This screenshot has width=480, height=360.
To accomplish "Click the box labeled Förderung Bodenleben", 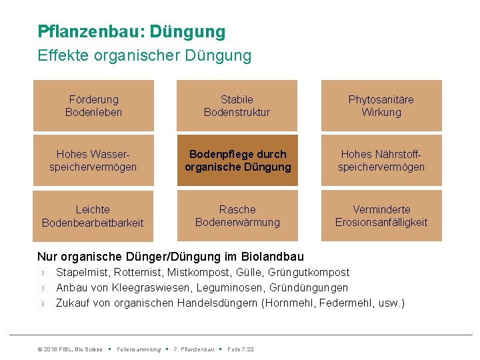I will coord(93,106).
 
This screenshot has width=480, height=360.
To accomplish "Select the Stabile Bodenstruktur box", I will coord(237,106).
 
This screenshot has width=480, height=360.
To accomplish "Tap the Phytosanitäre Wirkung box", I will coord(381,106).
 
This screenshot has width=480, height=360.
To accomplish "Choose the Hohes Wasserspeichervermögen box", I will coord(93,161).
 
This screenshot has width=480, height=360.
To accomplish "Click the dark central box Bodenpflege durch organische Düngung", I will coord(238,161).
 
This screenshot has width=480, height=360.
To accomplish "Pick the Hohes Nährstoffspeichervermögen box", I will coord(381,161).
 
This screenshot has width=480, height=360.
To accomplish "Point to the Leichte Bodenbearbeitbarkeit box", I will coord(93,216).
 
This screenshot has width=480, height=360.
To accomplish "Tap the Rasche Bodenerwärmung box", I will coord(237,216).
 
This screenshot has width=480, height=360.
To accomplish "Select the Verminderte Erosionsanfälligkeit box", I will coord(381,216).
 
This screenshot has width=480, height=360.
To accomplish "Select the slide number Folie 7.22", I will coord(241,349).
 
